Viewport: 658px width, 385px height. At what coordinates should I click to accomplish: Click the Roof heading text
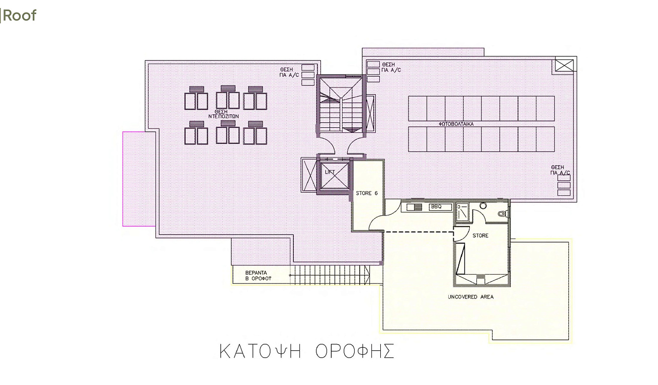pos(20,15)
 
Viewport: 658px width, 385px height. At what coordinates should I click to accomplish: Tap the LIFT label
pos(330,172)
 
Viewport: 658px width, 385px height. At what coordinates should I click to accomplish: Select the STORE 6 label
pos(367,193)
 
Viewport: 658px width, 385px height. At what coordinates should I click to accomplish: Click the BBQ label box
pos(441,207)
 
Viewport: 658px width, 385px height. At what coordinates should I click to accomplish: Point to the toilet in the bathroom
pos(503,213)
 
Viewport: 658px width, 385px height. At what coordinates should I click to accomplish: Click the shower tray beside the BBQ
pos(463,212)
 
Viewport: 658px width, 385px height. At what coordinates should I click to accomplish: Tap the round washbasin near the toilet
pos(483,205)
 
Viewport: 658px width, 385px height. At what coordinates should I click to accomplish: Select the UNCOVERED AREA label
pos(470,297)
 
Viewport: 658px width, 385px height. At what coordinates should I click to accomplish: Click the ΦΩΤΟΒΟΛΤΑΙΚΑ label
pos(456,124)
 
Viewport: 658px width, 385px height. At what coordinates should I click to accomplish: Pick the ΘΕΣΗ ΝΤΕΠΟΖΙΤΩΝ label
pos(223,114)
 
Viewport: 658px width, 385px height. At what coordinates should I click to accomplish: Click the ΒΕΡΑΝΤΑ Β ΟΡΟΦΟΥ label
pos(258,276)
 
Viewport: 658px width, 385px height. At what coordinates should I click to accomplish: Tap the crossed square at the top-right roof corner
pos(564,65)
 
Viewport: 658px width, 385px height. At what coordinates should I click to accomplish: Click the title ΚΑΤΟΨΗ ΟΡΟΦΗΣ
pos(307,351)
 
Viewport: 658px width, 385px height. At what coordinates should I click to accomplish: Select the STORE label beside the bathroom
pos(480,236)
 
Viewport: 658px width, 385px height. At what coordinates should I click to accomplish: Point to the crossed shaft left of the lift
pos(309,175)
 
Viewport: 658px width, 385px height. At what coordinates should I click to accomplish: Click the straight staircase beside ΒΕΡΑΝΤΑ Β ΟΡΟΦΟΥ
pos(330,275)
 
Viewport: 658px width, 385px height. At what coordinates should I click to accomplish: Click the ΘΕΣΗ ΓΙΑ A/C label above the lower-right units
pos(560,170)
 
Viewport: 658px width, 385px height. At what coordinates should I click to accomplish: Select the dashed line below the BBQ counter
pos(419,232)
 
